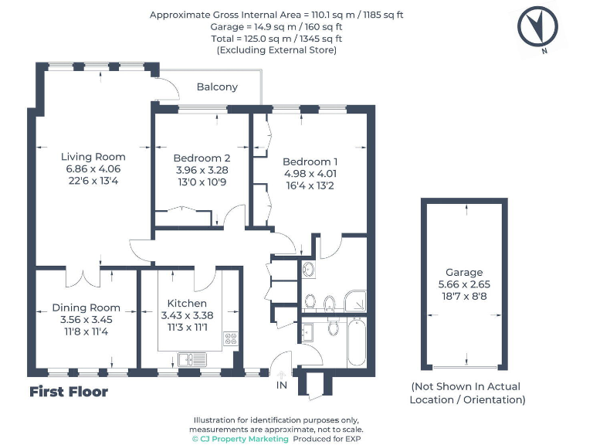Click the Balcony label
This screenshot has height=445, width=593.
(x=217, y=87)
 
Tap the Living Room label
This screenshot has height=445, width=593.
(x=93, y=157)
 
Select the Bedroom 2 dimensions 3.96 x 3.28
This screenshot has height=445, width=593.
(x=202, y=170)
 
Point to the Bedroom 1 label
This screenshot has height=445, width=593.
(x=310, y=161)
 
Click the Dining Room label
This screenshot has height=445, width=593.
(x=86, y=307)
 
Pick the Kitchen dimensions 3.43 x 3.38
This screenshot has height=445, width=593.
(x=187, y=315)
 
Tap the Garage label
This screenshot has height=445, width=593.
(x=464, y=273)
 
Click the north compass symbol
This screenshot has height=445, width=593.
(x=537, y=27)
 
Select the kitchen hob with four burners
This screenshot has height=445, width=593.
(x=231, y=338)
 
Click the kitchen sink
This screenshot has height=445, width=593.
(x=192, y=359)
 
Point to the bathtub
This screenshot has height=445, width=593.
(x=356, y=341)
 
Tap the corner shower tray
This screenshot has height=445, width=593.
(x=354, y=301)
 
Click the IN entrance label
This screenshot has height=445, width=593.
(x=282, y=386)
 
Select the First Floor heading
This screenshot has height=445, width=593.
(x=69, y=392)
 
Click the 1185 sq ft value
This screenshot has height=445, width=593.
(x=383, y=15)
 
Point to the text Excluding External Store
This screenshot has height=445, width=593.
(x=276, y=50)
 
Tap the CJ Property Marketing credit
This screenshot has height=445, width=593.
(x=240, y=439)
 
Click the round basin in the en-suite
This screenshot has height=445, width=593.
(x=309, y=269)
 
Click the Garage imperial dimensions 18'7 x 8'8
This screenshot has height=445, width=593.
(x=464, y=297)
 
